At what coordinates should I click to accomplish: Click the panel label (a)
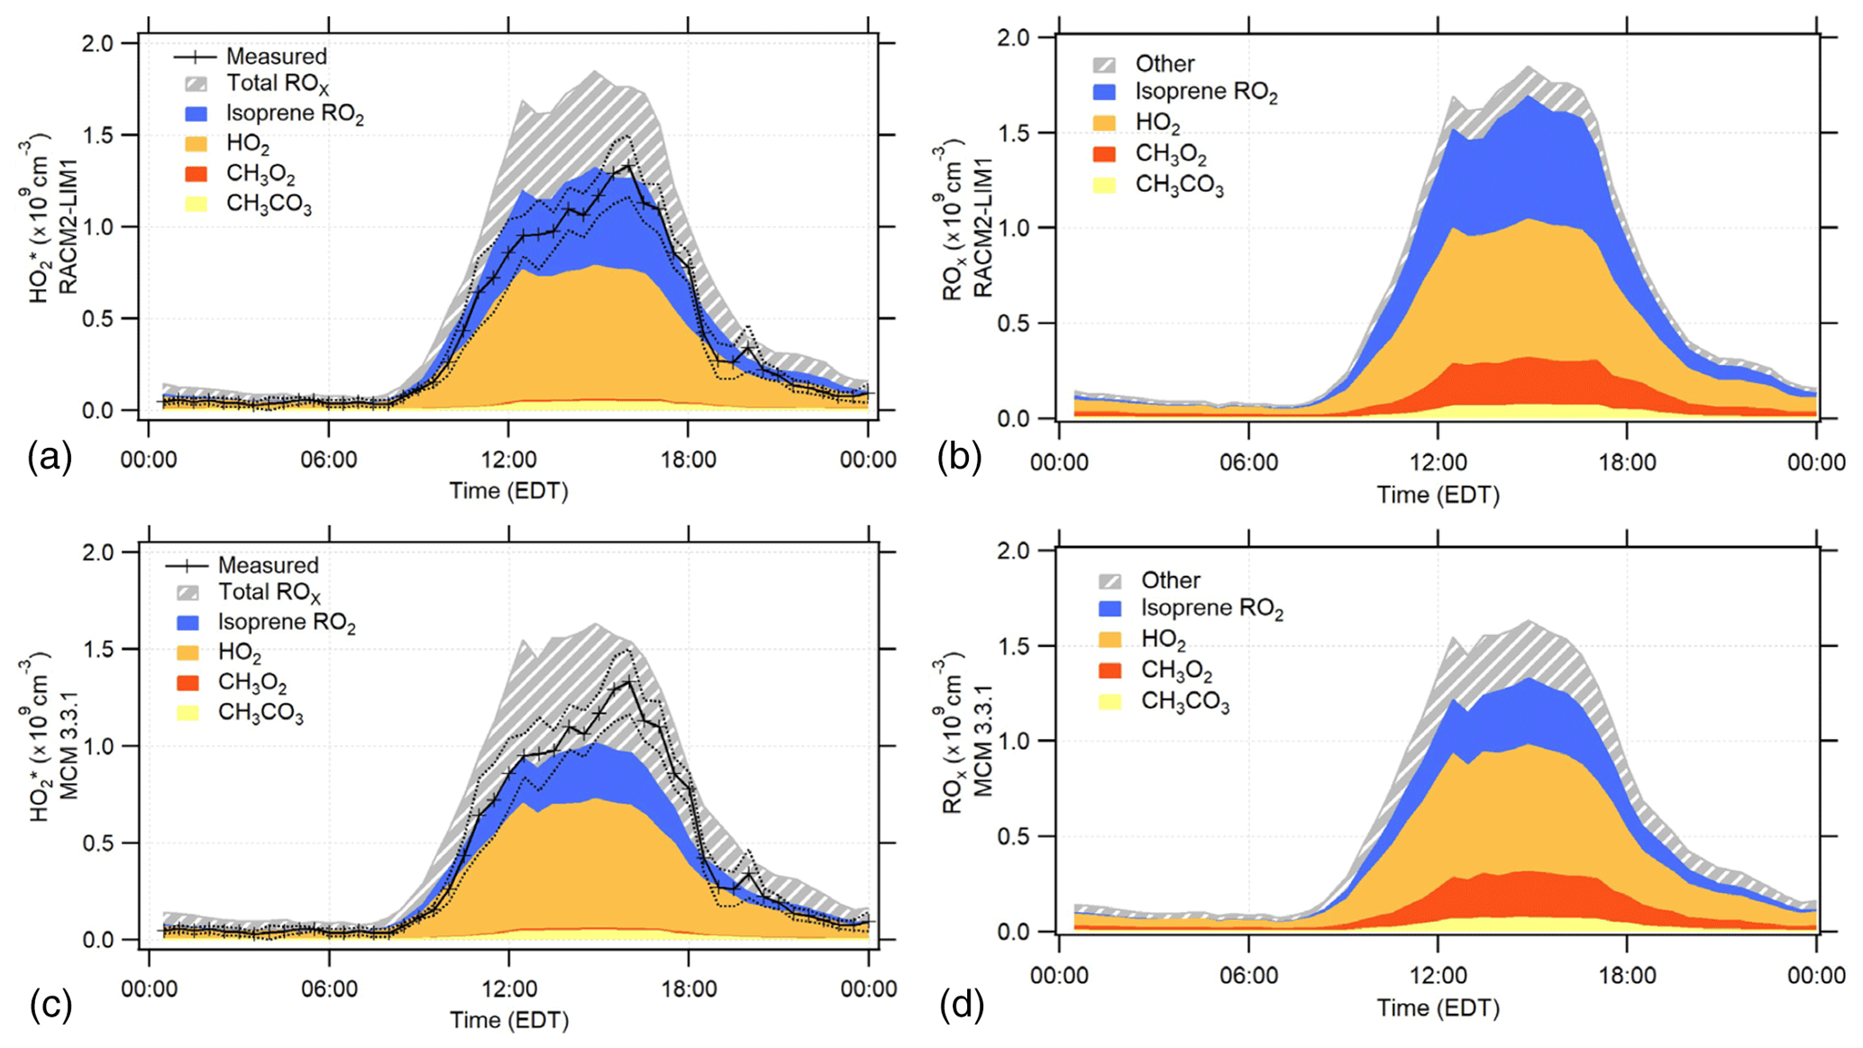[x=49, y=458]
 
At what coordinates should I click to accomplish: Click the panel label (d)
[x=961, y=1004]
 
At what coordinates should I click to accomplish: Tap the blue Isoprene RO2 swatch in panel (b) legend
[x=1104, y=92]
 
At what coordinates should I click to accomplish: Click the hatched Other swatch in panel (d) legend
[x=1110, y=581]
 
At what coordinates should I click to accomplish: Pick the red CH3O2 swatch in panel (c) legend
[x=188, y=682]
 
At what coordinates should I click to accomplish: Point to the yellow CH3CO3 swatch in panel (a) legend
[x=196, y=204]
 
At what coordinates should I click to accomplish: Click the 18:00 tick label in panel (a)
[x=688, y=460]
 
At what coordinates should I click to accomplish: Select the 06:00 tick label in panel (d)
[x=1248, y=975]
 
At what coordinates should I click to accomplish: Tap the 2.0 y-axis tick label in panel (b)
[x=1014, y=38]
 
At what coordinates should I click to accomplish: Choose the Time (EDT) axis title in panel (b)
[x=1438, y=495]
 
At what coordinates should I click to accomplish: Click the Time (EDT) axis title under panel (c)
[x=509, y=1020]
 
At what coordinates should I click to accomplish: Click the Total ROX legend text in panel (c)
[x=269, y=592]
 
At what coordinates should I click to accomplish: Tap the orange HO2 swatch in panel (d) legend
[x=1110, y=640]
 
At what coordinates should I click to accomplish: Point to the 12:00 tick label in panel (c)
[x=509, y=989]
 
